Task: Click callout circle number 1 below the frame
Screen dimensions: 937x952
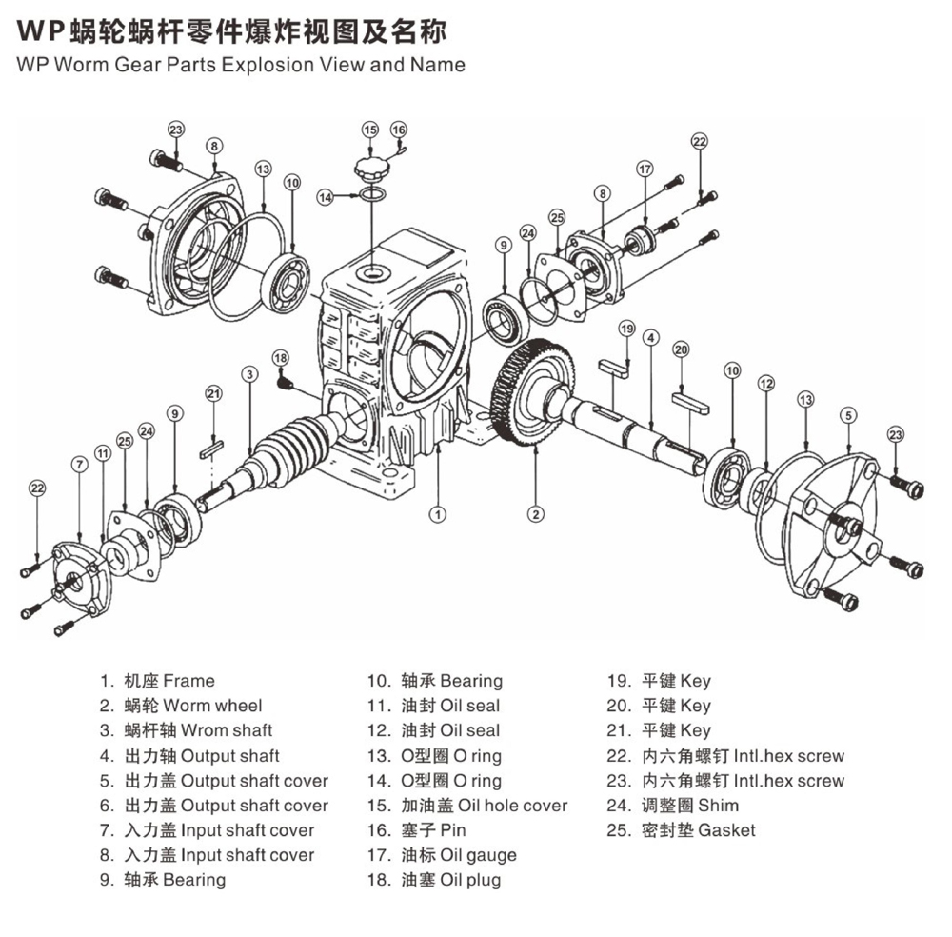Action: (x=437, y=515)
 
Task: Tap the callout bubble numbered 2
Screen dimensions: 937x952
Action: (x=537, y=514)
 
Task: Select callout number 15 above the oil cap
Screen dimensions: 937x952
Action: (x=370, y=130)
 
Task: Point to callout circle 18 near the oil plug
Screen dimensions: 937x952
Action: (x=280, y=357)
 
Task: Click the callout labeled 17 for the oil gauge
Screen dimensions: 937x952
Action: (x=645, y=169)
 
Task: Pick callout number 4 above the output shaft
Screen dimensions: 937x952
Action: (x=651, y=337)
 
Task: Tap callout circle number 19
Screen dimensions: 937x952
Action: (x=626, y=329)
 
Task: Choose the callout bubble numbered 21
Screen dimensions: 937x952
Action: (x=214, y=393)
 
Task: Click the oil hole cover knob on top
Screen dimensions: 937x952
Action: (x=371, y=171)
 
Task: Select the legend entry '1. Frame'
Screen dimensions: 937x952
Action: (x=158, y=681)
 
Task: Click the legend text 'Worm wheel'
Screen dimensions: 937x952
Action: (x=212, y=706)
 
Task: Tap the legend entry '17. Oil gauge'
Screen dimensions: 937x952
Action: (x=442, y=855)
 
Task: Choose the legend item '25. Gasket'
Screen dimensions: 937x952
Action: (x=681, y=830)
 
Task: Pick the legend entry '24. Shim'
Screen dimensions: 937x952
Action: (x=672, y=806)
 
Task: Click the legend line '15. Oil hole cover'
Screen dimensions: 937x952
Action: (x=467, y=806)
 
